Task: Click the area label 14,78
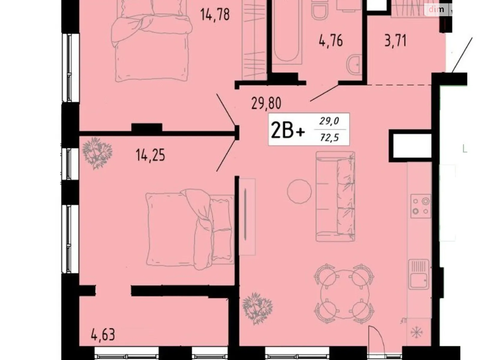click(215, 14)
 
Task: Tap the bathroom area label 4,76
click(331, 40)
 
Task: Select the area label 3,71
click(395, 41)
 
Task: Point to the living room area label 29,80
click(266, 103)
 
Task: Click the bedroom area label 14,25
click(150, 155)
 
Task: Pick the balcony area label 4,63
click(103, 334)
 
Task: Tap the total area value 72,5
click(329, 138)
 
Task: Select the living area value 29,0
click(329, 121)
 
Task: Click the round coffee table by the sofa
click(299, 191)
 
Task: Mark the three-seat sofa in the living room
click(335, 196)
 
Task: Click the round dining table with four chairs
click(344, 293)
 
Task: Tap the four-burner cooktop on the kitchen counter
click(421, 206)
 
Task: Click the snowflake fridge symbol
click(416, 332)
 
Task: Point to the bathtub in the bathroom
click(286, 33)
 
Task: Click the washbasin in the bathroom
click(355, 64)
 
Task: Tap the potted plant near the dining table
click(257, 308)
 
